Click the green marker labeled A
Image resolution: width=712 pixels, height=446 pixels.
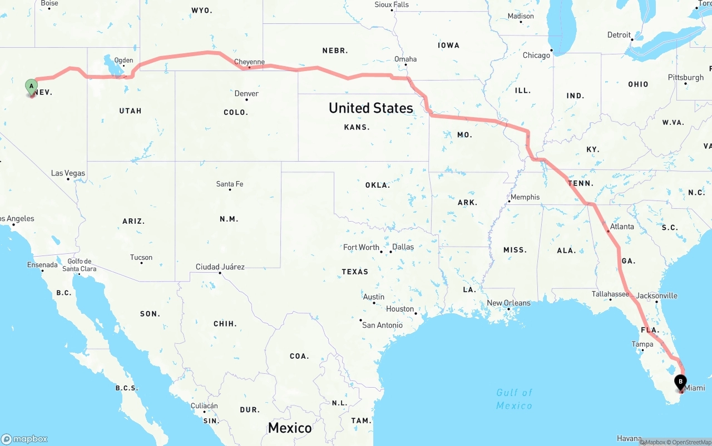32,87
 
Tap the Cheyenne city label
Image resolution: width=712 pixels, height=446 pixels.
249,62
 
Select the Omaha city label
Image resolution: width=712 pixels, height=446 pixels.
405,59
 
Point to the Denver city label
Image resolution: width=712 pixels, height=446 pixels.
246,93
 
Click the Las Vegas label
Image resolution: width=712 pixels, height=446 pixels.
68,173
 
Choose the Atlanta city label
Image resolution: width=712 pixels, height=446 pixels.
621,227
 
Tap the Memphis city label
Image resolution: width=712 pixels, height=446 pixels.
525,197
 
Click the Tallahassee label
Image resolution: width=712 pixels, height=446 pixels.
610,294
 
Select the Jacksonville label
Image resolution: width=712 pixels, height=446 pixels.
657,295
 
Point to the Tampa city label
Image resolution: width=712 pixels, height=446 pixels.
642,344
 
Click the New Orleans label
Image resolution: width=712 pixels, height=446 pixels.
508,303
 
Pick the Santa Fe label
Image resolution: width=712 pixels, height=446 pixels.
230,184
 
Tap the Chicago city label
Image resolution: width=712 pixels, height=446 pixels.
536,56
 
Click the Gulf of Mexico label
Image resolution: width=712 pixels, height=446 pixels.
514,399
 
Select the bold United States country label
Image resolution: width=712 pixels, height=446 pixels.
370,108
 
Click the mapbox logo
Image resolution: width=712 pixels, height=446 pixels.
24,439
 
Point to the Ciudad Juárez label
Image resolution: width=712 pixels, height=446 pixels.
220,267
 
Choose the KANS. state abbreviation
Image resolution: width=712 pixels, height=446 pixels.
357,127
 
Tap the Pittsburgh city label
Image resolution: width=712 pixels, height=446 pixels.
685,78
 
